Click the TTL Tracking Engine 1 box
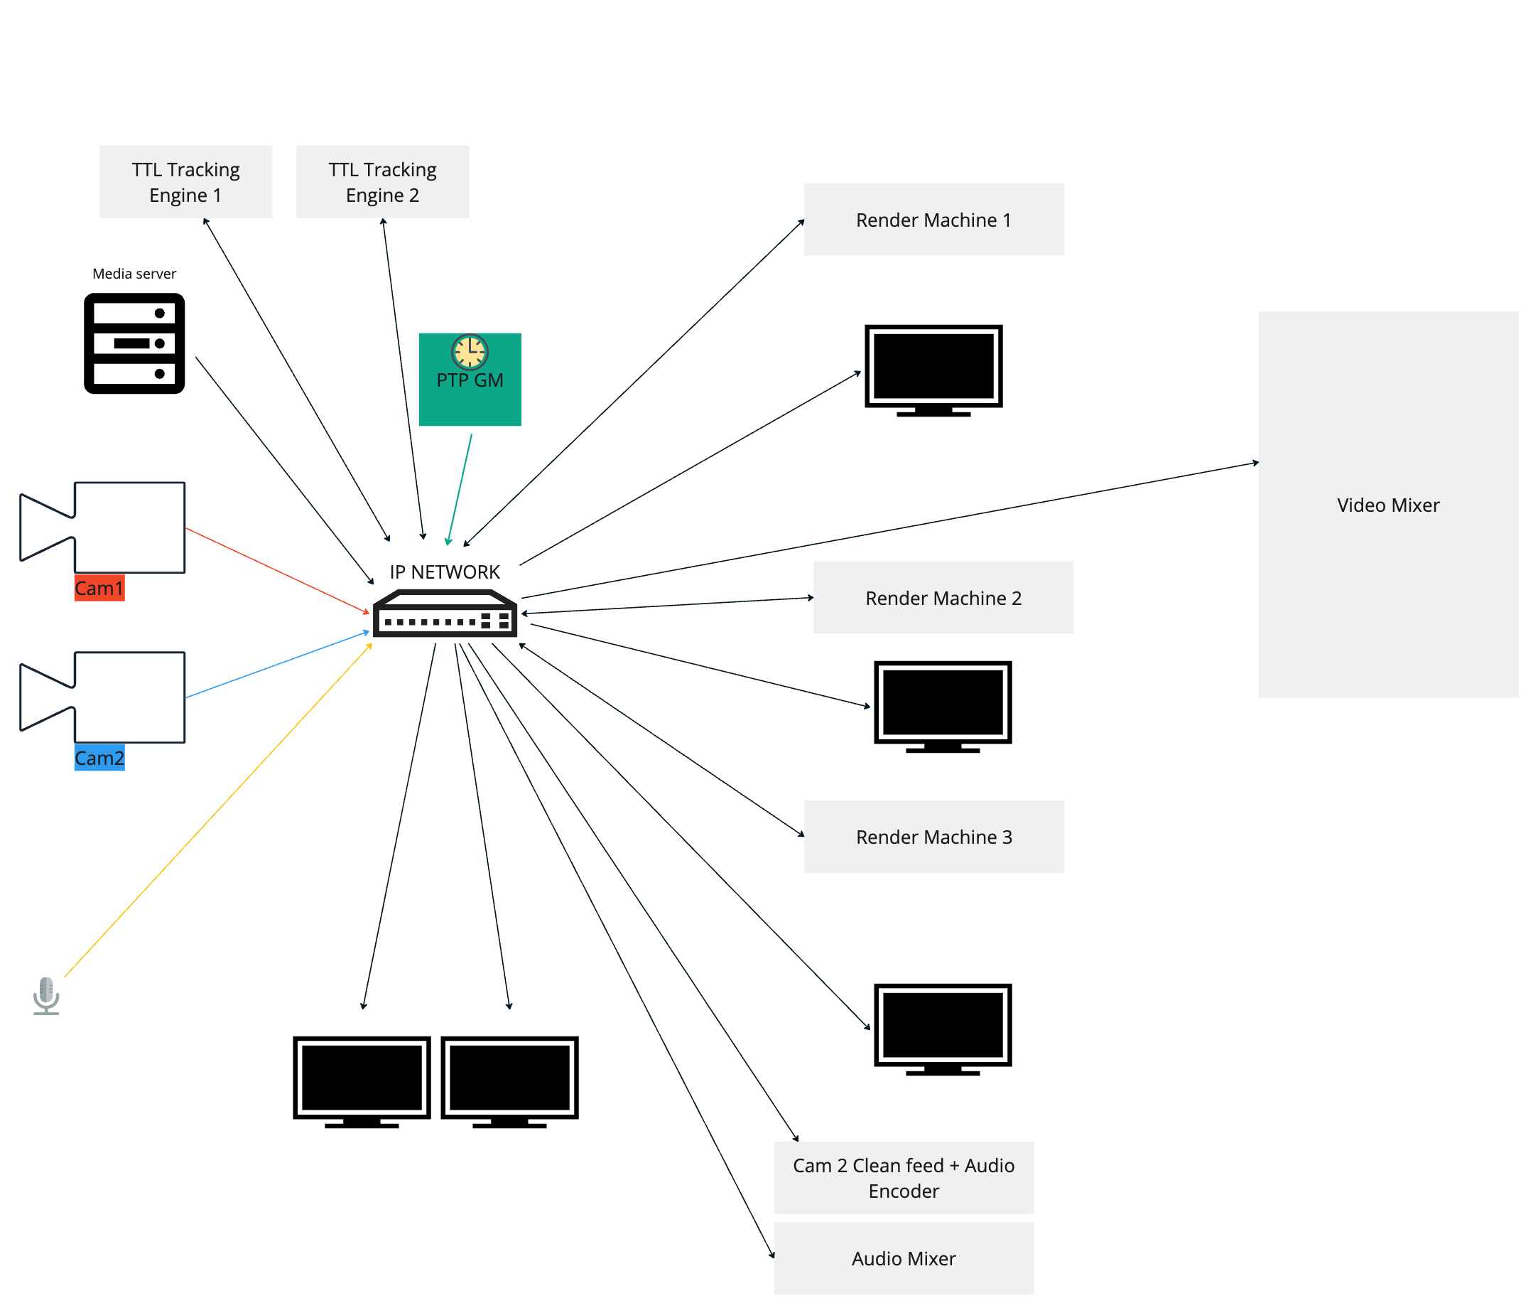click(x=185, y=182)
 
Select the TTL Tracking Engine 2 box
click(x=382, y=182)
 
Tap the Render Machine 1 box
click(x=933, y=220)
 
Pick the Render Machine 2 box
click(x=943, y=598)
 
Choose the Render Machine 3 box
click(x=933, y=837)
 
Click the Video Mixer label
click(x=1387, y=505)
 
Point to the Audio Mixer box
click(x=904, y=1259)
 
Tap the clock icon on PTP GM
click(x=469, y=351)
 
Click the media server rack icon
click(x=134, y=343)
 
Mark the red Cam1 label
click(x=99, y=588)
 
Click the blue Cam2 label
click(x=99, y=759)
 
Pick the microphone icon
click(x=46, y=995)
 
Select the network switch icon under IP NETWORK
click(x=445, y=614)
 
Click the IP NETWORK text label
click(x=445, y=572)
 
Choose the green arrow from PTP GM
click(x=460, y=489)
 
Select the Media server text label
click(x=134, y=273)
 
